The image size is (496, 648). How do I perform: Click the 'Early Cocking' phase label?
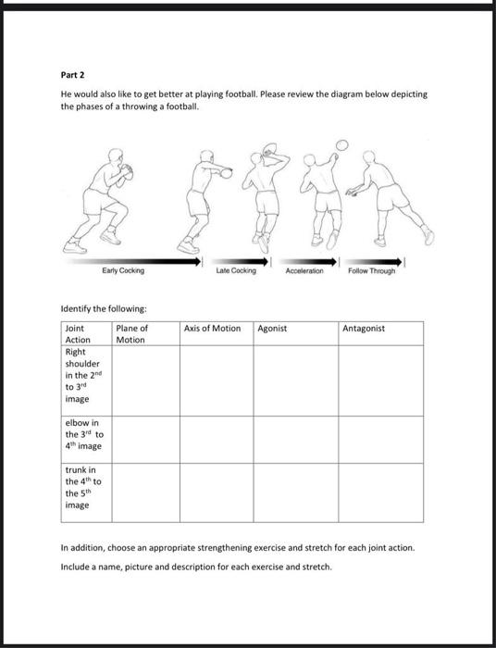point(123,271)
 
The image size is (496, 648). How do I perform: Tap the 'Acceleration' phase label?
point(303,271)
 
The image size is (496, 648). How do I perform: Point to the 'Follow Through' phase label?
point(371,271)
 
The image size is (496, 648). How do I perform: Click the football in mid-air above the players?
point(341,144)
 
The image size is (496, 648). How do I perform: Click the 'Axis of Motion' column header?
point(212,329)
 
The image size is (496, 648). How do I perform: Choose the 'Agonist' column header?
point(272,329)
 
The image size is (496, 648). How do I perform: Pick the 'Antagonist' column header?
point(364,329)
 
